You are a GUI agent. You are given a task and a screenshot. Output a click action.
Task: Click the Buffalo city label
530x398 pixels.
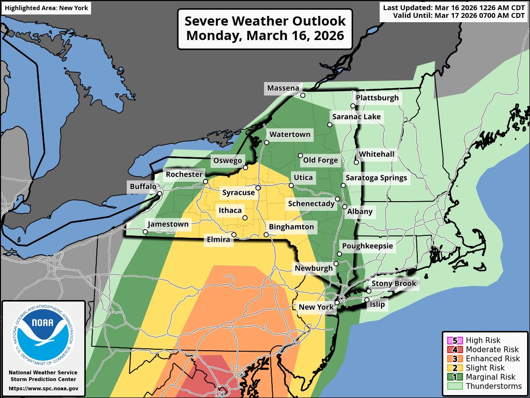(x=143, y=187)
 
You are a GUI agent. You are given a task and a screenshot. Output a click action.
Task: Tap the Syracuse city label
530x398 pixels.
(x=238, y=193)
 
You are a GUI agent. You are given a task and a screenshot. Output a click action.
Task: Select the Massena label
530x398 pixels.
(x=283, y=88)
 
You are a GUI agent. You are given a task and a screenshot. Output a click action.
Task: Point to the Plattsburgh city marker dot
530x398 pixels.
(x=353, y=106)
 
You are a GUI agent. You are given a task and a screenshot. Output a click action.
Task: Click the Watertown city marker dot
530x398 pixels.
(x=266, y=142)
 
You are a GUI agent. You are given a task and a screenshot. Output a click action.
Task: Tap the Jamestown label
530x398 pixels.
(x=168, y=224)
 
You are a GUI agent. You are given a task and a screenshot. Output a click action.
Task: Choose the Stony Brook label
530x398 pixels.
(x=393, y=284)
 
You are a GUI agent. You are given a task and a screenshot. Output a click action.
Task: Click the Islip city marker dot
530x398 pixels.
(x=367, y=300)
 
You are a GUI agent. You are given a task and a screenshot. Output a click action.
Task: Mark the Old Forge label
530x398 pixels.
(x=320, y=160)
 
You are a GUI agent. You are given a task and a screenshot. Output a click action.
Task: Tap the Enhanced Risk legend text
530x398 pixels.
(x=493, y=358)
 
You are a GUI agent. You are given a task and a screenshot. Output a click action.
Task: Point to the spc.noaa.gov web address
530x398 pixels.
(x=43, y=388)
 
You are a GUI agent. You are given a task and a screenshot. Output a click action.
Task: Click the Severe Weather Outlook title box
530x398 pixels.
(x=265, y=28)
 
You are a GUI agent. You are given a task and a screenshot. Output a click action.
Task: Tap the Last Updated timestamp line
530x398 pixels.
(x=454, y=7)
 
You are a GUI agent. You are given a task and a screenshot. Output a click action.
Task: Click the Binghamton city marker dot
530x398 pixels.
(x=266, y=235)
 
